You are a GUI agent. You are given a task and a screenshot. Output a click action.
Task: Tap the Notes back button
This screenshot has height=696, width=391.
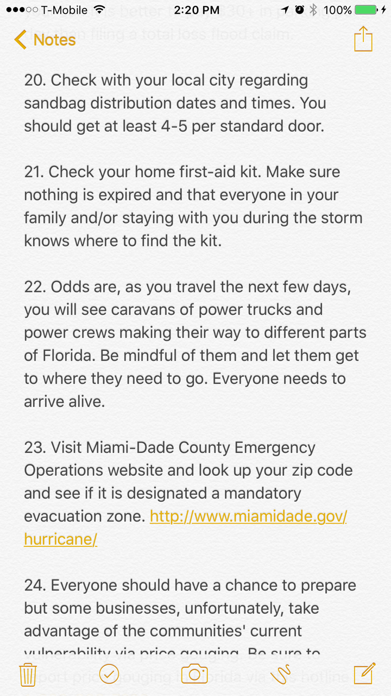click(x=45, y=40)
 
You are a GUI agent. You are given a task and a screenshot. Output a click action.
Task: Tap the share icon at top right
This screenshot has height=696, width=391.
click(x=363, y=39)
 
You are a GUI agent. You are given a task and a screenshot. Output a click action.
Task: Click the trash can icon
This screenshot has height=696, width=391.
click(x=28, y=675)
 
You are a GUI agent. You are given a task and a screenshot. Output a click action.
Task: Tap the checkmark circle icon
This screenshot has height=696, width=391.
click(x=109, y=674)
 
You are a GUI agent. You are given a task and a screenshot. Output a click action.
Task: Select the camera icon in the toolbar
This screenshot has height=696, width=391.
click(x=194, y=674)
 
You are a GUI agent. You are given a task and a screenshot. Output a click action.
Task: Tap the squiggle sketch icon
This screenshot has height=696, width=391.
click(x=281, y=674)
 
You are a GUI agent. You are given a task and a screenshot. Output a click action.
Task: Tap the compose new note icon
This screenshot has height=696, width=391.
click(x=364, y=674)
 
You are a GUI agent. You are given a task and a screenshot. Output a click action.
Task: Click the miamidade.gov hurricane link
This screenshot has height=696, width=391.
click(x=248, y=517)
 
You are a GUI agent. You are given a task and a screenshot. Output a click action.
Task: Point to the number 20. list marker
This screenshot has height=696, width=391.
click(x=35, y=80)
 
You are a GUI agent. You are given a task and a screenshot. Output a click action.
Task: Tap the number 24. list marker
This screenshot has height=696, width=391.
click(x=35, y=586)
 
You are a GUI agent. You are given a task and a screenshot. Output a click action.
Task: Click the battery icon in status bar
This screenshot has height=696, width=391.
click(x=367, y=10)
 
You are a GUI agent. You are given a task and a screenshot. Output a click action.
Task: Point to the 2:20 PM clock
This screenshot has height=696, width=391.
click(x=195, y=10)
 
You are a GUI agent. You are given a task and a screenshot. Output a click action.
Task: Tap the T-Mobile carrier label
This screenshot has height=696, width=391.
click(x=64, y=10)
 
